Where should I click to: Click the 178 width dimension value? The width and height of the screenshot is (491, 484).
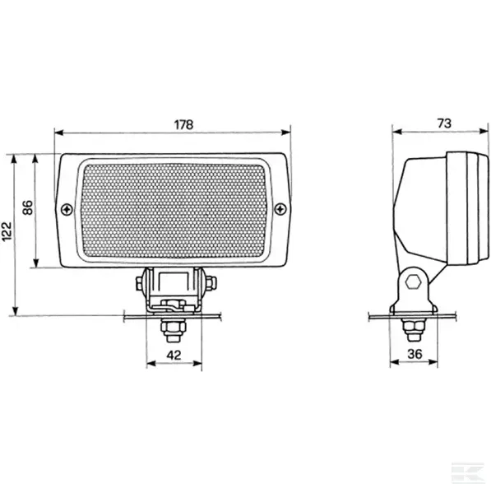[x=183, y=124]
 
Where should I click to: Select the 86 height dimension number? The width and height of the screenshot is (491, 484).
[x=28, y=207]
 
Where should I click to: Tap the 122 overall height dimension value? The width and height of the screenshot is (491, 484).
[x=7, y=231]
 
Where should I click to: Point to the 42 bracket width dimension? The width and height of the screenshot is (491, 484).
[x=174, y=355]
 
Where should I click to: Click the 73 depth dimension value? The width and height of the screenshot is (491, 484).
[x=444, y=123]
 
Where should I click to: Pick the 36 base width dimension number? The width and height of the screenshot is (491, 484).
[x=415, y=354]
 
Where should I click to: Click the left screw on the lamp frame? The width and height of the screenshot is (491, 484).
[x=67, y=209]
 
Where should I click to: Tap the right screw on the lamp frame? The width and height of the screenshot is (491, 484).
[x=280, y=209]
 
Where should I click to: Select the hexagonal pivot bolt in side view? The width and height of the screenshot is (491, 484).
[x=413, y=282]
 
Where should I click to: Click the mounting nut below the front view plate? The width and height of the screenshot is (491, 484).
[x=173, y=330]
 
